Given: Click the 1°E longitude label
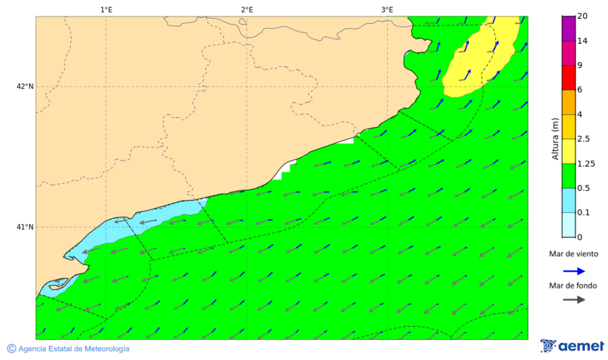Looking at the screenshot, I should coord(106,9).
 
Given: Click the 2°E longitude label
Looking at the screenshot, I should coord(247,9).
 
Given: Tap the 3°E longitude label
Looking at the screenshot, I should coord(387,9).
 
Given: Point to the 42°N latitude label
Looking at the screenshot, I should coord(25,86).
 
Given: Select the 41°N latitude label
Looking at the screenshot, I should coord(25,227).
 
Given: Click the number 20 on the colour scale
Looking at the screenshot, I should coord(582,17).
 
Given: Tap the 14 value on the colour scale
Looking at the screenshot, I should coord(582,41).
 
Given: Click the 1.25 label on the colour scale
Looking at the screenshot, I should coord(586,163).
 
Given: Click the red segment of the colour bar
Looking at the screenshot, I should coord(567,78).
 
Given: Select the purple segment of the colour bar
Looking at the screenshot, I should coord(567,28).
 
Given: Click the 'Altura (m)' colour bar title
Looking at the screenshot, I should coord(555,138).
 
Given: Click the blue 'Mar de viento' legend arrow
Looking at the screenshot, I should coord(574,272).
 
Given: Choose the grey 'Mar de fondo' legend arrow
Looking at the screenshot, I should coord(574,299).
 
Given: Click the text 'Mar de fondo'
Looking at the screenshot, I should coord(573,286).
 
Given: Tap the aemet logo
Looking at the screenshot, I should coord(572,346).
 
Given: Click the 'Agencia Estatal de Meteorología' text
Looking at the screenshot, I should coord(74,349).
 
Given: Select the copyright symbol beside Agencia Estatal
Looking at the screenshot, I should coord(11,349).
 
